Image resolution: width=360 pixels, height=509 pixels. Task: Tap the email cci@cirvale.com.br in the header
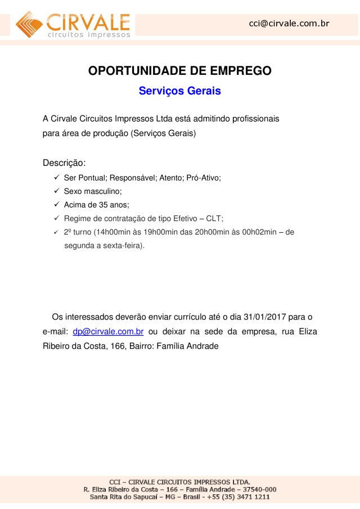(289, 24)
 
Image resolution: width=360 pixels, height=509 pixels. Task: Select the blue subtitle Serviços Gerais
(179, 91)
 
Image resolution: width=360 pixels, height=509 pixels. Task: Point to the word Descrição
(64, 163)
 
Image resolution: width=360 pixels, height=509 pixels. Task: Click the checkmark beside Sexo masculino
(57, 191)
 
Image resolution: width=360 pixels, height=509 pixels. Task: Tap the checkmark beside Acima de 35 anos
(57, 205)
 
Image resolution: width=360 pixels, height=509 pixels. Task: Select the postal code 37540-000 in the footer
(258, 489)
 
